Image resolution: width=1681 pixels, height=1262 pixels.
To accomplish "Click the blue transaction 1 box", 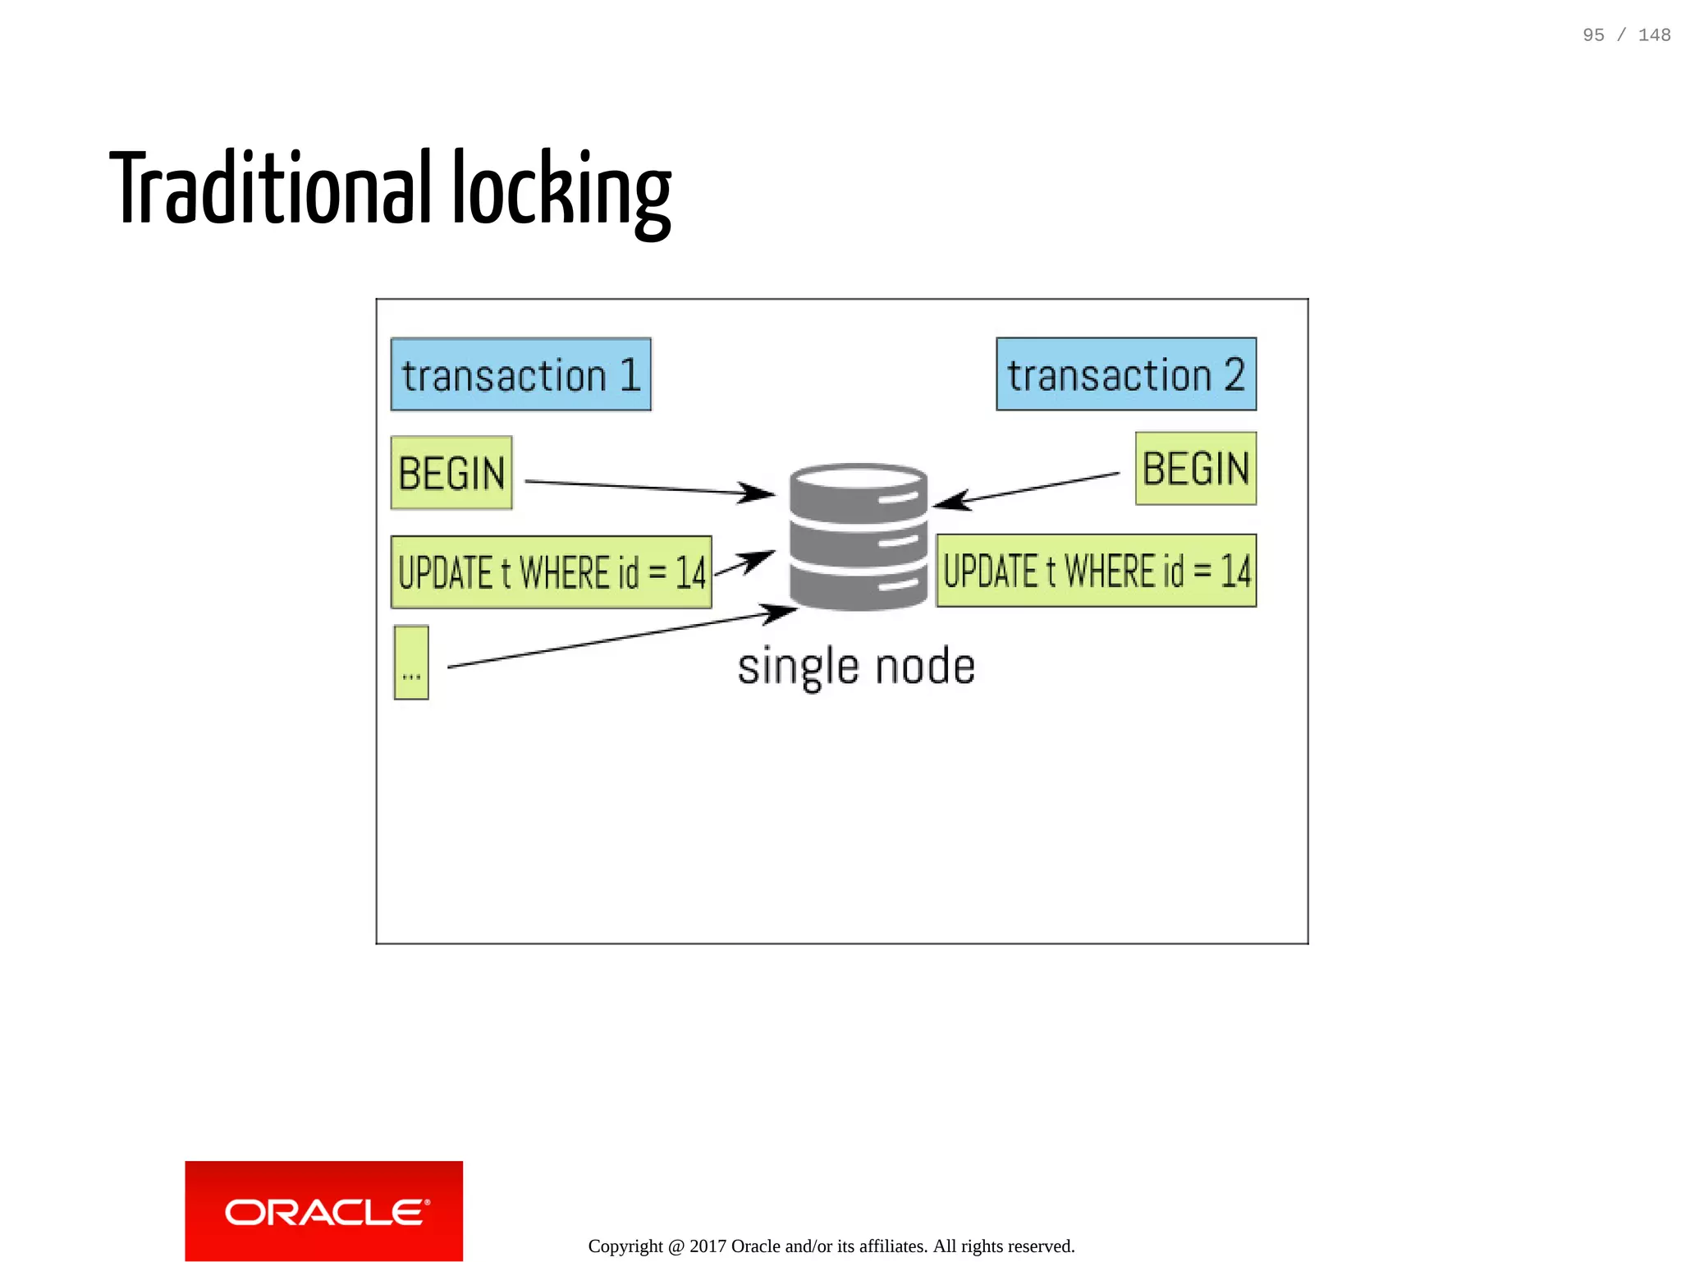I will (520, 374).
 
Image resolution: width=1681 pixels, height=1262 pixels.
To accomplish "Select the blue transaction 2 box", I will (1125, 374).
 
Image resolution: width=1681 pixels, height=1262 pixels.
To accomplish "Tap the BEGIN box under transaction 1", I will (451, 473).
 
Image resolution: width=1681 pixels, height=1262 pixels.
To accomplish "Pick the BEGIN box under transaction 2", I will (1195, 469).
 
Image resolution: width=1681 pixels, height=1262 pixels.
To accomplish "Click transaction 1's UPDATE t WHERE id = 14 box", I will (551, 572).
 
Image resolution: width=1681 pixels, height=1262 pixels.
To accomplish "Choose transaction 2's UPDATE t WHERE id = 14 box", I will (1096, 571).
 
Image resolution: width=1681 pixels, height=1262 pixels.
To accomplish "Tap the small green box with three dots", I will (411, 663).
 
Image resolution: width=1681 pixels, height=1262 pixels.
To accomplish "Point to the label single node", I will (856, 666).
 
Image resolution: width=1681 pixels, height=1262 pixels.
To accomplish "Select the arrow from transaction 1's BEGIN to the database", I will (648, 488).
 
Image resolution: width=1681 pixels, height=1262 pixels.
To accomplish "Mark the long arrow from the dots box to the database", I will (616, 638).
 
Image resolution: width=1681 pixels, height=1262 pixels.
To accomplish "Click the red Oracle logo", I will (324, 1210).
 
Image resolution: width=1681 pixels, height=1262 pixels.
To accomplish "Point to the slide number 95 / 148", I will (1626, 35).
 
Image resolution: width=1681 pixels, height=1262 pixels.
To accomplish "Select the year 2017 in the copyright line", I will (708, 1246).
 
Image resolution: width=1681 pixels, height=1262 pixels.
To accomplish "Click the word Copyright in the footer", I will (625, 1246).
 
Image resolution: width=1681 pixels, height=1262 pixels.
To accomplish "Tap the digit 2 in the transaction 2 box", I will (1234, 374).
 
